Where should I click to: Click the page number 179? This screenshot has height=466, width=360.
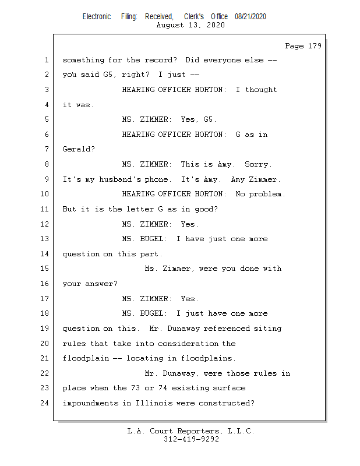[315, 46]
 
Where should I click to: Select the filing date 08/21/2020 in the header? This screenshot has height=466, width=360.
[250, 17]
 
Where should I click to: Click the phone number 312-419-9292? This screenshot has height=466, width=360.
[191, 439]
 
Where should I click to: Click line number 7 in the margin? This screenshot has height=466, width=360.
[47, 149]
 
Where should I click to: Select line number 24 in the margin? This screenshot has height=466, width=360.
[44, 403]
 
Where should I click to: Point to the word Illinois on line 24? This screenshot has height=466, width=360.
[154, 403]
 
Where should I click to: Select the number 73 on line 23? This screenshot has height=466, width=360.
[135, 388]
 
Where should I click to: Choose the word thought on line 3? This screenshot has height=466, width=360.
[261, 90]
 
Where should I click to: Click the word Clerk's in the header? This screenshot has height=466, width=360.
[194, 17]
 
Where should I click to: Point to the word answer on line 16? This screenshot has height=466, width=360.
[99, 284]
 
